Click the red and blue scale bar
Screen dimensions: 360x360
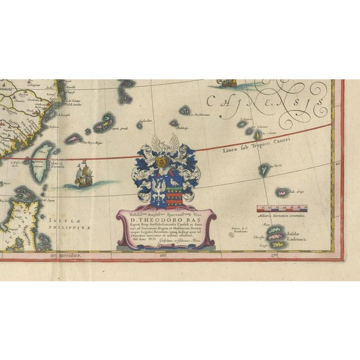[x=281, y=208]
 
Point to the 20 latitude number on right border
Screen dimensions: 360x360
[x=338, y=164]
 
